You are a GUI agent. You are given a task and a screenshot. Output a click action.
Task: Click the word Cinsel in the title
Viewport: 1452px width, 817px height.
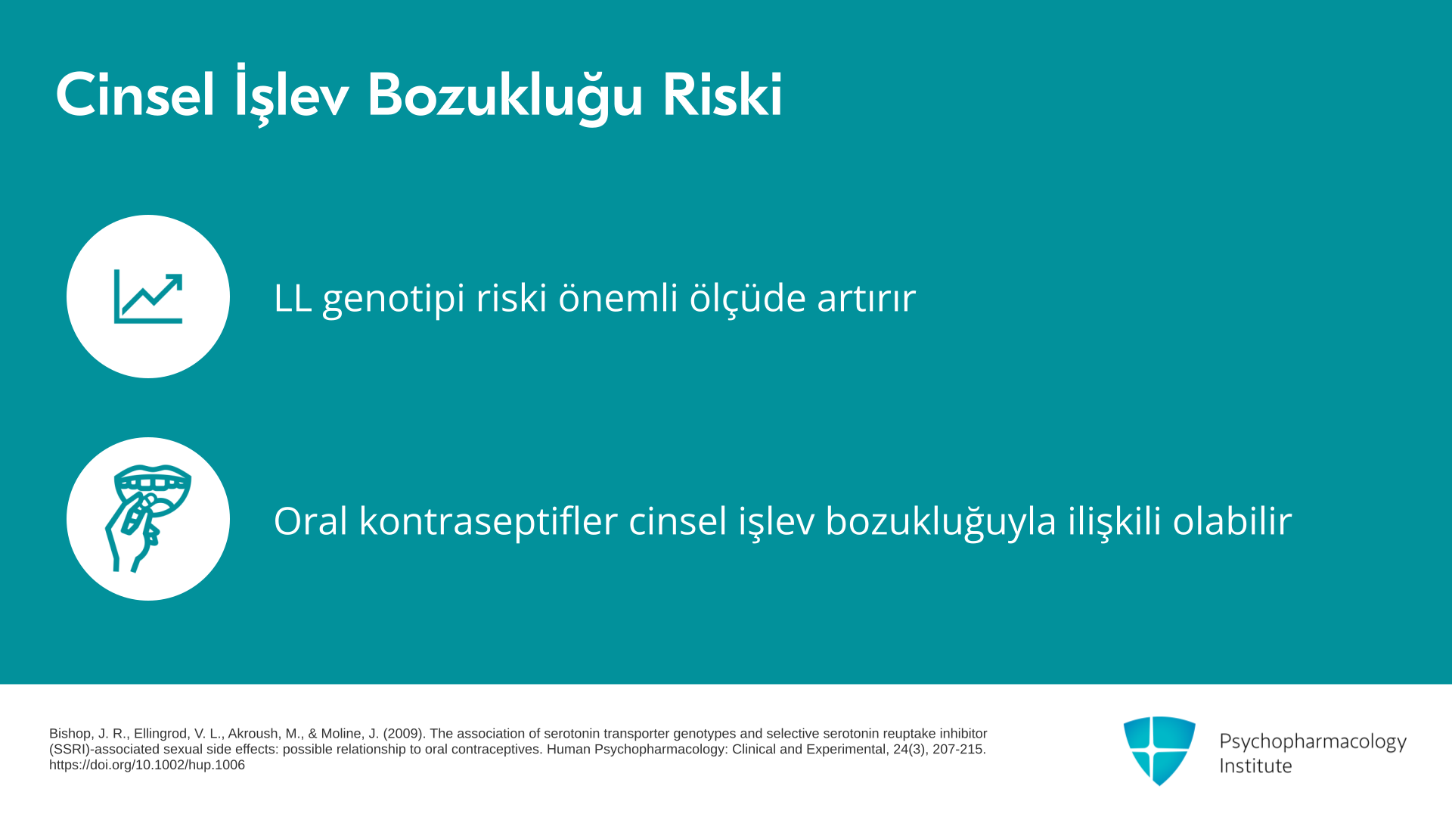coord(135,96)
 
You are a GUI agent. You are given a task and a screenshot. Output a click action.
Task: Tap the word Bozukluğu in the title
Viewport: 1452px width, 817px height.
coord(504,96)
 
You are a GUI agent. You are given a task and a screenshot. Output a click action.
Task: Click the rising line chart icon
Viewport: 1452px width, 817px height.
coord(148,297)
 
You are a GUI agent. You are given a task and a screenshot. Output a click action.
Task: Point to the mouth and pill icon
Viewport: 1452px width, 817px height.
coord(148,519)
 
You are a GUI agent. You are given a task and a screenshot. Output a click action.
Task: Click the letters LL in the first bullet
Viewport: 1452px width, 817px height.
coord(293,297)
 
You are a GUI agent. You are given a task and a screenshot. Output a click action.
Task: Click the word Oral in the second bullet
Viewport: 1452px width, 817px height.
coord(310,521)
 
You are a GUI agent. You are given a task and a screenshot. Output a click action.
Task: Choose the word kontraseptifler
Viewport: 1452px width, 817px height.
coord(489,522)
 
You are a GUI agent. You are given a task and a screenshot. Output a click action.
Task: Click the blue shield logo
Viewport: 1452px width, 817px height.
coord(1159,750)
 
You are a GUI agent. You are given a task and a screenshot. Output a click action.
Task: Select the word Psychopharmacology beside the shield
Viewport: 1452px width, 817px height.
coord(1313,742)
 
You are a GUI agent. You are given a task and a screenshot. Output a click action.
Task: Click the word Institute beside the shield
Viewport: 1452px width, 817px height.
coord(1255,766)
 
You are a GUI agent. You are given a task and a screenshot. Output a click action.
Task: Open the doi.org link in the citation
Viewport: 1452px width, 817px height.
coord(147,765)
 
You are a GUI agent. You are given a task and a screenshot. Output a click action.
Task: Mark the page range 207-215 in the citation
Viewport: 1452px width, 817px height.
coord(960,750)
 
